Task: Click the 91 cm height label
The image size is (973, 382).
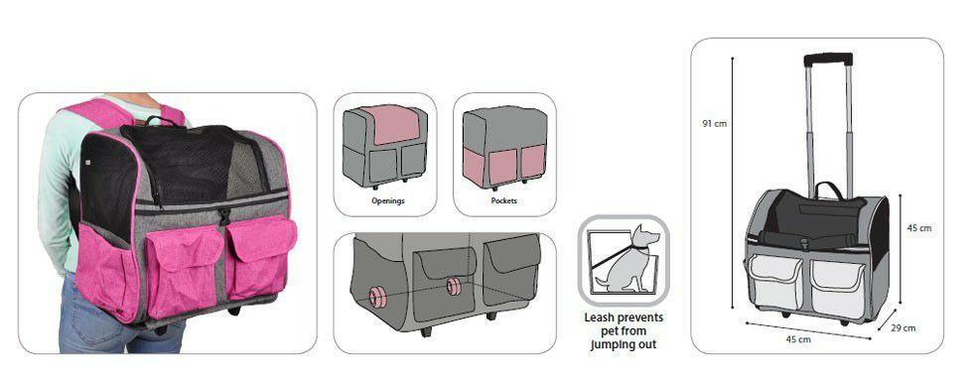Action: tap(714, 123)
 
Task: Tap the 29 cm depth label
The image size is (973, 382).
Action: tap(903, 328)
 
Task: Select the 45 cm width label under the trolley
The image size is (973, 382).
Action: tap(797, 339)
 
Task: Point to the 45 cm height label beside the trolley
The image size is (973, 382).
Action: tap(919, 227)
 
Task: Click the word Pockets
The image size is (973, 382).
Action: tap(504, 200)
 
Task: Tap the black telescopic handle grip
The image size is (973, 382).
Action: tap(828, 60)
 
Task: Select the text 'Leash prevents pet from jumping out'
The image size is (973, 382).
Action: tap(624, 331)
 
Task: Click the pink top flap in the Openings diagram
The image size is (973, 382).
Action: tap(389, 124)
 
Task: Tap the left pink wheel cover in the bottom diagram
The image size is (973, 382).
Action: tap(378, 297)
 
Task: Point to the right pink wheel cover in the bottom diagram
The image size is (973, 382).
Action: tap(455, 287)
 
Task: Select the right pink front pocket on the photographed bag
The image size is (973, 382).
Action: tap(261, 254)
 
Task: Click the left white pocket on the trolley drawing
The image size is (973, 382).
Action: tap(775, 280)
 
